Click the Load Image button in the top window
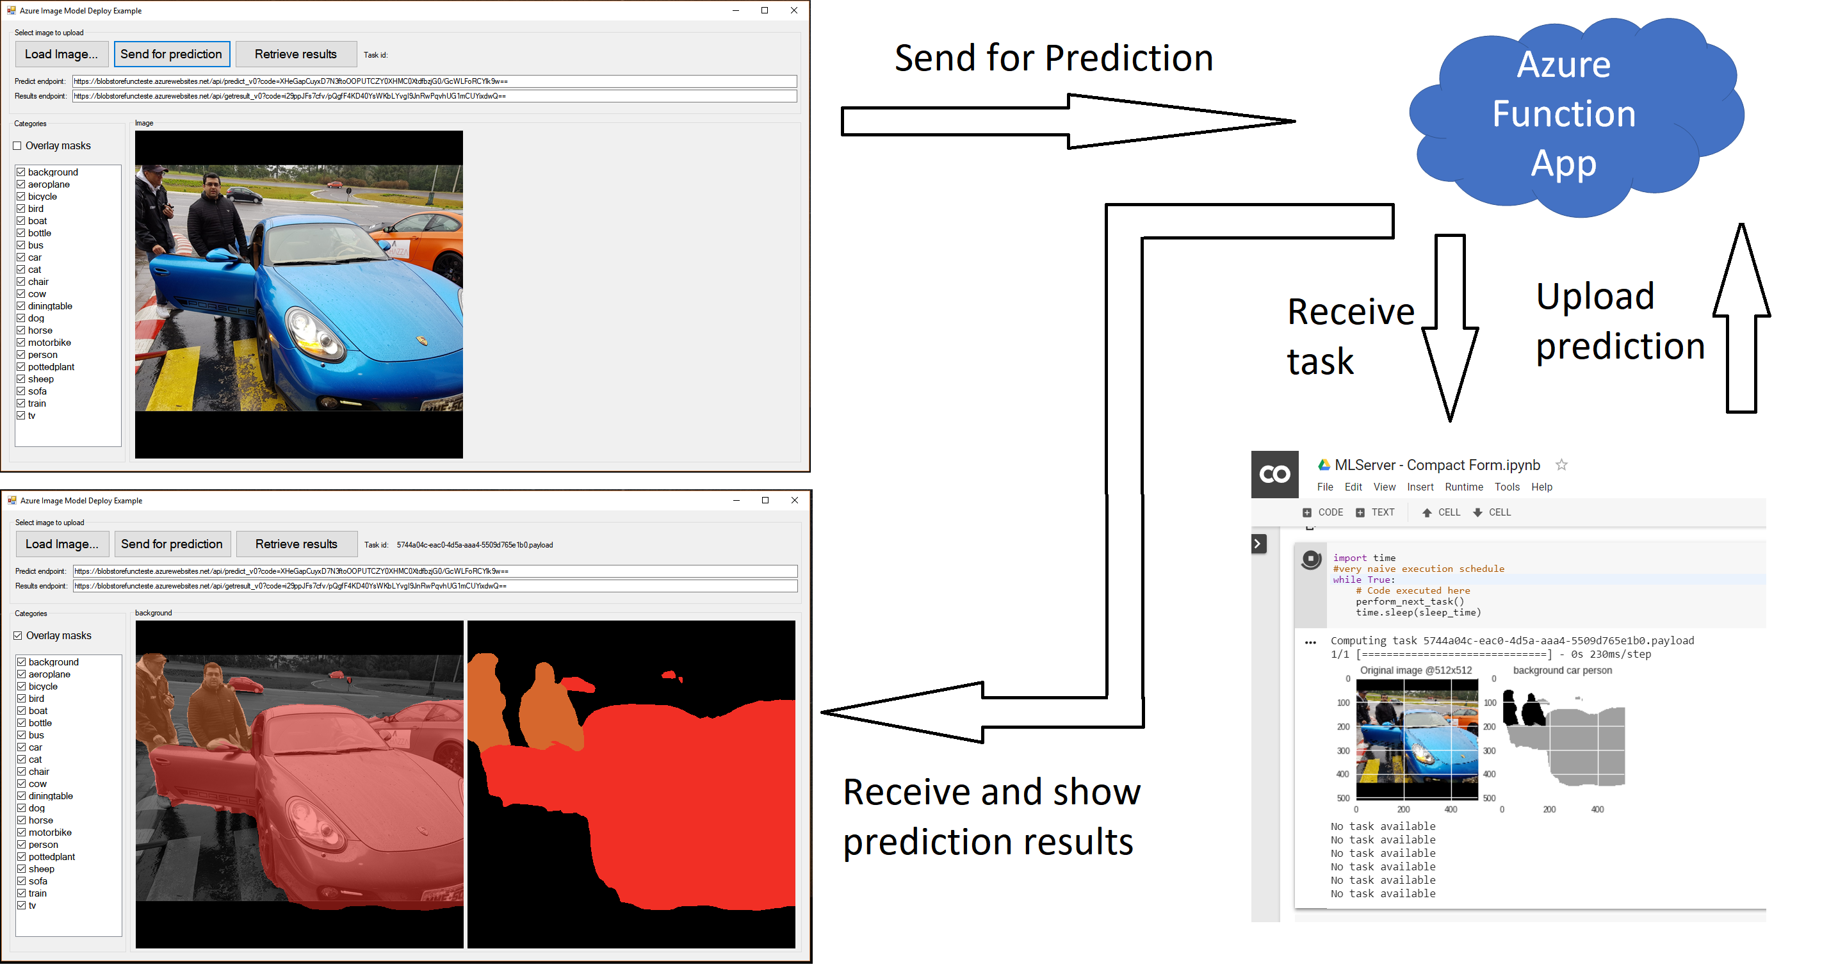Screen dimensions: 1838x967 click(61, 54)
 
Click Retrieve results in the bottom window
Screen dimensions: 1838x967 click(297, 544)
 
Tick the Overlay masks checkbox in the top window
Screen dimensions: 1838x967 click(17, 145)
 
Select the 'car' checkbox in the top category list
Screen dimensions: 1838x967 click(20, 257)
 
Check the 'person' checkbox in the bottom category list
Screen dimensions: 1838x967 click(21, 844)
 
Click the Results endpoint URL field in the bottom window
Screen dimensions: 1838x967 click(435, 586)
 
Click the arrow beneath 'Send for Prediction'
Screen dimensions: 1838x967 click(1068, 121)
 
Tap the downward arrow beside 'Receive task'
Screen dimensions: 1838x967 click(1450, 329)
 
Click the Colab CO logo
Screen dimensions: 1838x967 click(1275, 475)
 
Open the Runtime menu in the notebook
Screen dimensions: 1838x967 click(1463, 487)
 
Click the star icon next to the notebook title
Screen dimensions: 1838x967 click(1561, 464)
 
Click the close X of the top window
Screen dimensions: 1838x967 click(794, 11)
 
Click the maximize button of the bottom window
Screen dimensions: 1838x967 click(765, 500)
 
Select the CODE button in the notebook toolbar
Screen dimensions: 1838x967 click(1323, 512)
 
